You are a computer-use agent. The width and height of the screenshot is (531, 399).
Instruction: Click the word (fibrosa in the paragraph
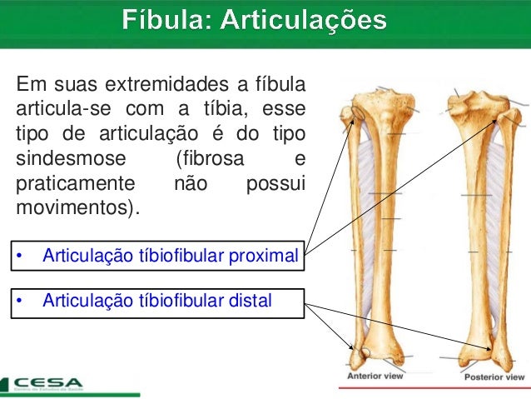205,159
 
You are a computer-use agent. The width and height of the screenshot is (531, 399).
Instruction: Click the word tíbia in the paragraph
214,109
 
